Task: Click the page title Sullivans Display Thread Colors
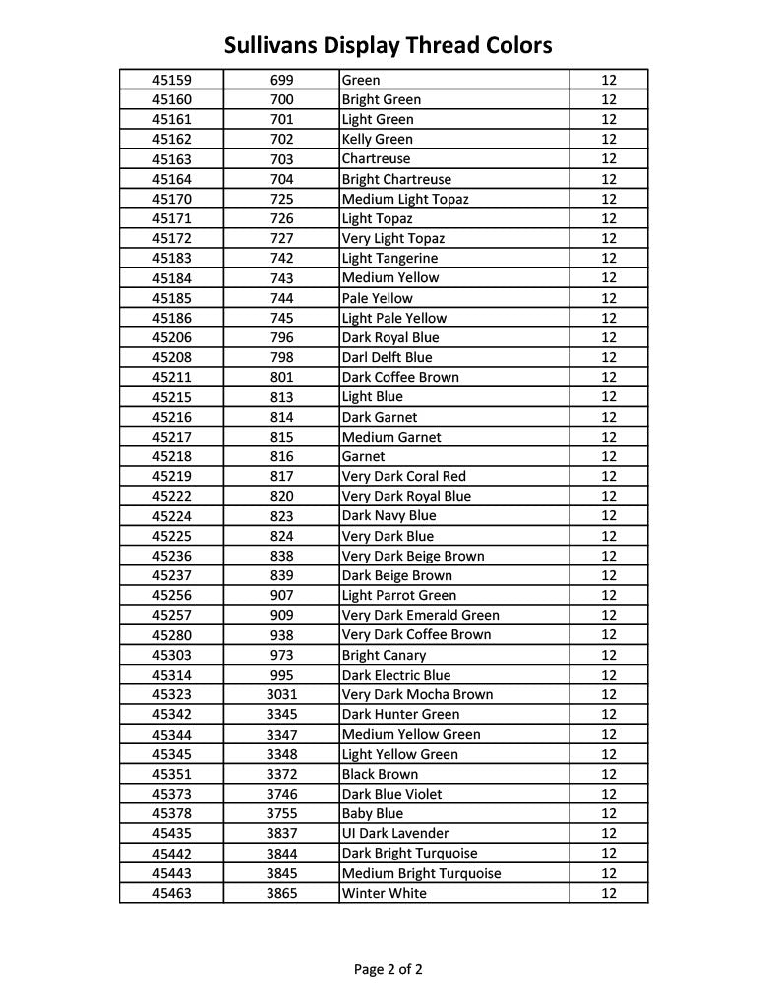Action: (x=388, y=45)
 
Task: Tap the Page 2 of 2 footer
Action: (x=389, y=969)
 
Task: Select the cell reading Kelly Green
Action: (x=377, y=140)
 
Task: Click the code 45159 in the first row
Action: (x=172, y=80)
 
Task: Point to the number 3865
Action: (x=281, y=893)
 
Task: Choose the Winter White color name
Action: (x=384, y=893)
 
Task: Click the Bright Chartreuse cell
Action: (x=396, y=179)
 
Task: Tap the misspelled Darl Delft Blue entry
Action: (x=387, y=357)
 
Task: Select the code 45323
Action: (x=172, y=694)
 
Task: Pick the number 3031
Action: (x=281, y=694)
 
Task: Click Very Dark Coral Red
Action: (x=403, y=476)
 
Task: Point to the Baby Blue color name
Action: (x=372, y=813)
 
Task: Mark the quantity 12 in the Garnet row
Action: (x=608, y=456)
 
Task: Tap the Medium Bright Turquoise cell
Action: (x=421, y=873)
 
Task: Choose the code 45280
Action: (x=172, y=635)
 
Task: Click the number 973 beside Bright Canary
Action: (x=281, y=655)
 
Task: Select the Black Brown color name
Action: (x=380, y=774)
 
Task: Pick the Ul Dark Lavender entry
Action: (x=394, y=833)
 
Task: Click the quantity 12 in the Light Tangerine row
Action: (x=608, y=258)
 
